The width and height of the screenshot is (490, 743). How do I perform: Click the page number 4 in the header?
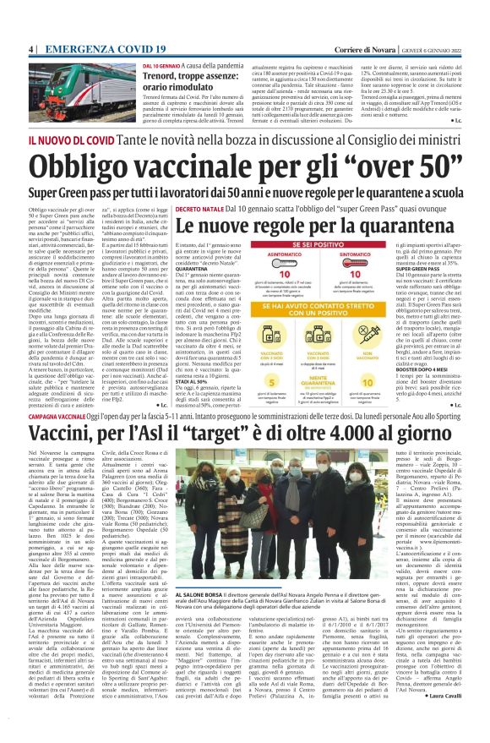tap(30, 50)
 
